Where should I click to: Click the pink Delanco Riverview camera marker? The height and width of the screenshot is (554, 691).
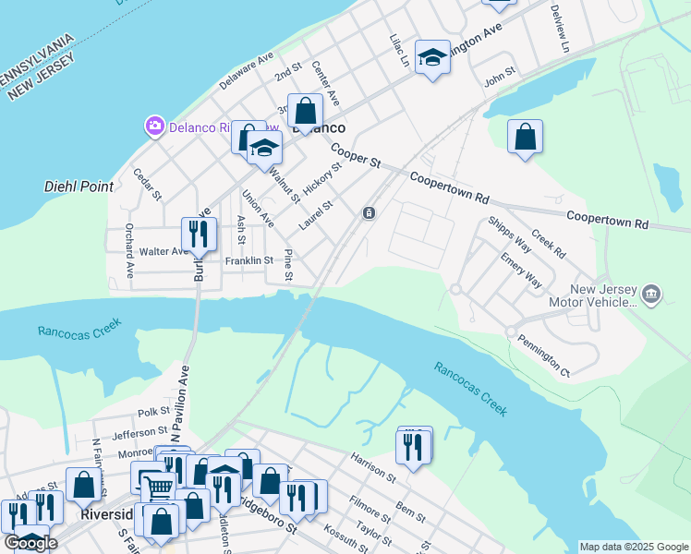point(154,125)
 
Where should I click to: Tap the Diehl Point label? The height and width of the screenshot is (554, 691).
point(79,187)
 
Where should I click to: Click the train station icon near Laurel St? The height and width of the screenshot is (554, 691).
point(369,213)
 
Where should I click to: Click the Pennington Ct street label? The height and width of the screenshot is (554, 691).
point(543,355)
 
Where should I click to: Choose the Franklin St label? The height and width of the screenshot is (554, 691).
point(249,261)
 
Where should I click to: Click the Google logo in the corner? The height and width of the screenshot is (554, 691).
point(30,543)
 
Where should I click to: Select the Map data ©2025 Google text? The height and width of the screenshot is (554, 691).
point(634,547)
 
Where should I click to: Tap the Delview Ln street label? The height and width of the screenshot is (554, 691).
point(560,33)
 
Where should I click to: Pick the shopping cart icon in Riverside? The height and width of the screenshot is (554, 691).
point(158,487)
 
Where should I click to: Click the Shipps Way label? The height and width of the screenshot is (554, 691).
point(510,235)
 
